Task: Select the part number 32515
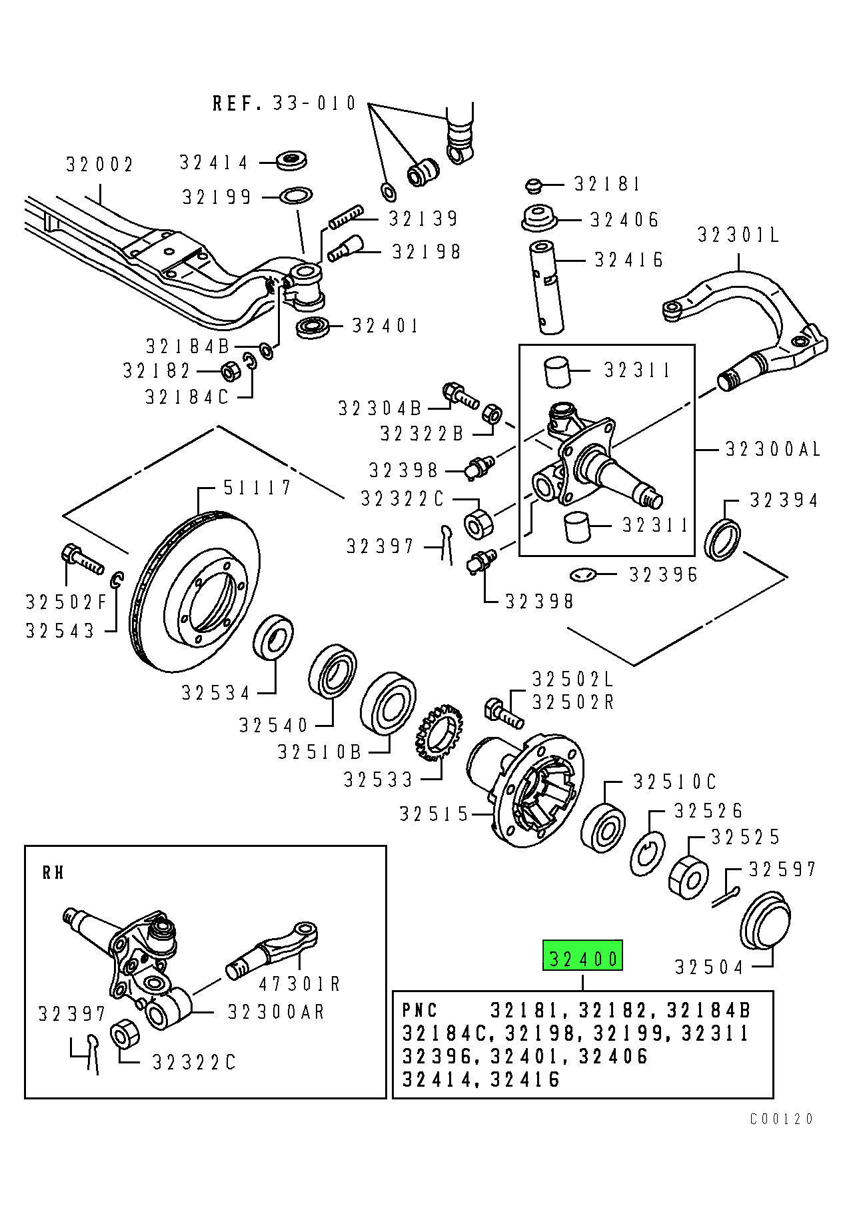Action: coord(434,814)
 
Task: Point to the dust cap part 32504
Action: coord(765,921)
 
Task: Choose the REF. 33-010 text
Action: coord(285,103)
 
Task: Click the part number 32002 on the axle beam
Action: coord(100,164)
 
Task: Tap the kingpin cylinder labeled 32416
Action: coord(546,287)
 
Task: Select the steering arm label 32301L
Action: coord(738,235)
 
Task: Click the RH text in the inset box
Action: coord(53,873)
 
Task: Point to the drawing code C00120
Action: coord(781,1119)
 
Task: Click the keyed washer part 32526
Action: coord(647,854)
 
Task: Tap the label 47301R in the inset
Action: coord(299,984)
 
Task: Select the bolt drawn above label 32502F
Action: coord(82,559)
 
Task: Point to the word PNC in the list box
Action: coord(420,1011)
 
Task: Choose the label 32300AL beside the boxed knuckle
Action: coord(772,450)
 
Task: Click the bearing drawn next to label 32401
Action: coord(313,327)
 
